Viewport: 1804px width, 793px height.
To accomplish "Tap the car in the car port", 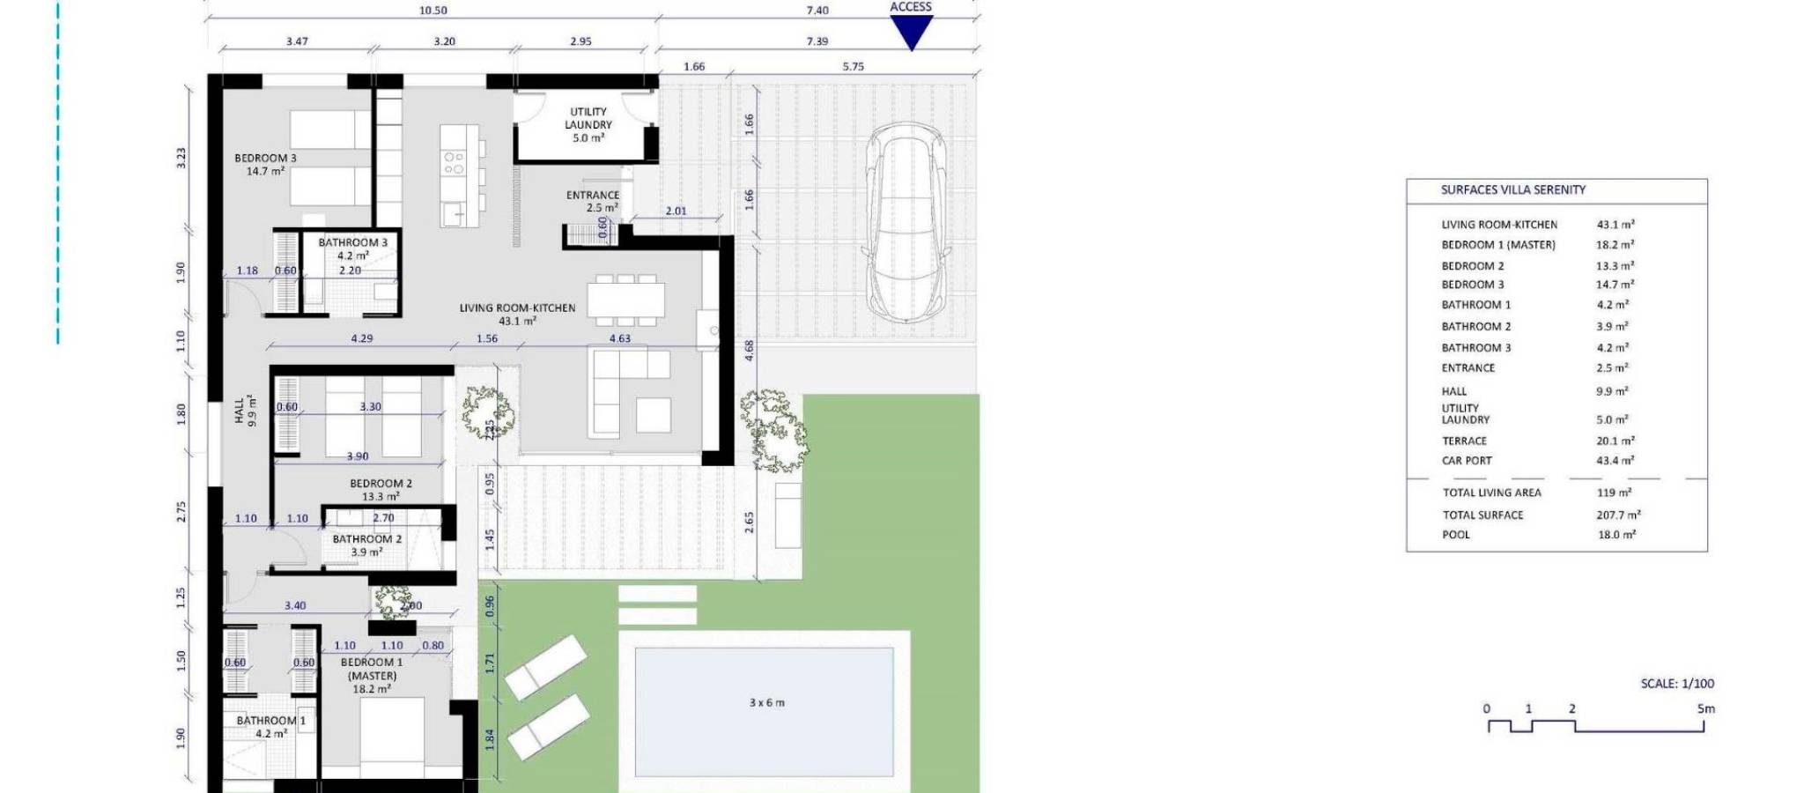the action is click(905, 225).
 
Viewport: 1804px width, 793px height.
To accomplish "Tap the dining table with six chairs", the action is click(626, 299).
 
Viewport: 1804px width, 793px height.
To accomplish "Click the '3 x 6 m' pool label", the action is click(766, 703).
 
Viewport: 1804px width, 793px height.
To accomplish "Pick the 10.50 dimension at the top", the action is click(433, 11).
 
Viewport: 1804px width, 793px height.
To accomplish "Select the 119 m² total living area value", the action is click(1614, 493).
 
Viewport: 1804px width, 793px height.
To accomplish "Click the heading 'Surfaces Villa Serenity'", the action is click(1512, 189).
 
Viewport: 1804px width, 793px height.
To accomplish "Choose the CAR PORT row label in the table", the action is click(1467, 460).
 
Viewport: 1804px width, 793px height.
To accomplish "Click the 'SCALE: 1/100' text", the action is click(1677, 684).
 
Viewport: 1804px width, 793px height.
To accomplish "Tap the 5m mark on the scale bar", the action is click(1705, 708).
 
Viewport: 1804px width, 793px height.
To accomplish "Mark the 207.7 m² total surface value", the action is click(1618, 515).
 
